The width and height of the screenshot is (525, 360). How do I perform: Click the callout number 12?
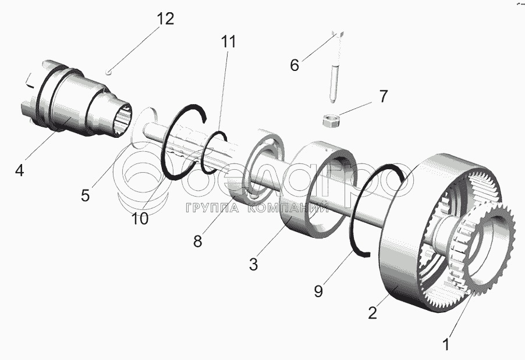tap(165, 19)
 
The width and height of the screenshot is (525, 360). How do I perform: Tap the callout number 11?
tap(229, 42)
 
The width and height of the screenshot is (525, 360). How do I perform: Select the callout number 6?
tap(295, 65)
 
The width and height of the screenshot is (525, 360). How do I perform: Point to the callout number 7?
tap(383, 96)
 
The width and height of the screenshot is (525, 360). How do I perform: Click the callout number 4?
tap(20, 171)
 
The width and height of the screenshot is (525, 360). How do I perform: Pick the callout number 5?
tap(86, 195)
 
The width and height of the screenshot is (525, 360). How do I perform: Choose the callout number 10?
tap(140, 219)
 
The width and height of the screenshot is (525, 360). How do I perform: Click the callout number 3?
tap(253, 264)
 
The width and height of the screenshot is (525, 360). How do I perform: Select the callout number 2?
tap(373, 312)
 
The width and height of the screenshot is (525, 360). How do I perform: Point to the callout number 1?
tap(446, 344)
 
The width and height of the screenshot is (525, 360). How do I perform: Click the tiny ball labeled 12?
tap(110, 72)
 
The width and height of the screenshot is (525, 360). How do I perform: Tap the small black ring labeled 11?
tap(214, 152)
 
